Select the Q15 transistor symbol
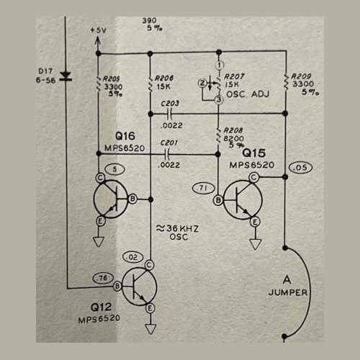(236, 199)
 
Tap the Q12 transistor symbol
(138, 286)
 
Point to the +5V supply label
(98, 31)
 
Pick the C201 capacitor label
(170, 142)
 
